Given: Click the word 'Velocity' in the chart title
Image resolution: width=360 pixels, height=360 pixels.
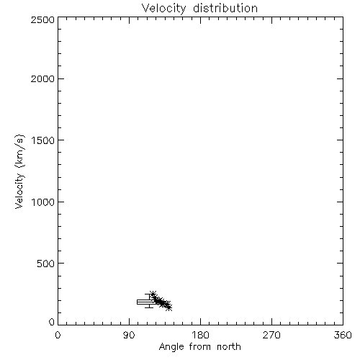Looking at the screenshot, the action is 163,8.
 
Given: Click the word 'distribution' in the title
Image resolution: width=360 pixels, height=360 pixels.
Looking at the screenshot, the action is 225,8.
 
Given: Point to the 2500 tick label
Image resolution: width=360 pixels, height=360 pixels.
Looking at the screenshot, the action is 42,19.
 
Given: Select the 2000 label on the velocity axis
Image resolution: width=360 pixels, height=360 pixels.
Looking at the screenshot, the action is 42,78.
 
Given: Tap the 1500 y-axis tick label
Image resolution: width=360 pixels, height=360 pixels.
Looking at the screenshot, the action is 43,140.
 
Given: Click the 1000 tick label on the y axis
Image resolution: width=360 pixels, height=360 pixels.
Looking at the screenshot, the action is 43,202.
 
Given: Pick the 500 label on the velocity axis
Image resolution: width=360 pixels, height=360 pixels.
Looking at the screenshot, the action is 46,264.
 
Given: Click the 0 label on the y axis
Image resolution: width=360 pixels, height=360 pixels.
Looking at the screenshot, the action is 52,322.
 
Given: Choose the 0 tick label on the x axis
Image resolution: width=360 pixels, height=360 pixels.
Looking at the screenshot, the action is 58,335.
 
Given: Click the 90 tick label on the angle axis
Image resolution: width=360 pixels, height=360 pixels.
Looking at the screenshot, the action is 129,335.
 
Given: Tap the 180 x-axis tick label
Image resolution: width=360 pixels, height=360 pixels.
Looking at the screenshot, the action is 200,335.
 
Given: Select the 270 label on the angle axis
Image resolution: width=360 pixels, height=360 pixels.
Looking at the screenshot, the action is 271,335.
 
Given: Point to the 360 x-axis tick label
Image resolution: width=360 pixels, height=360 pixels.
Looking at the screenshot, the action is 343,335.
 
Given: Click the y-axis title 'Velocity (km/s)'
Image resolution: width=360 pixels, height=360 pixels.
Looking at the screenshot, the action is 19,171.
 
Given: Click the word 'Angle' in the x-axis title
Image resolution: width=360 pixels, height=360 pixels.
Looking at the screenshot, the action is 171,348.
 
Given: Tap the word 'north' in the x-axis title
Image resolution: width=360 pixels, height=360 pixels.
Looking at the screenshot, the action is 229,347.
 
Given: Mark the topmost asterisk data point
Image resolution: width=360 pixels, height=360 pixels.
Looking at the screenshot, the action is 153,294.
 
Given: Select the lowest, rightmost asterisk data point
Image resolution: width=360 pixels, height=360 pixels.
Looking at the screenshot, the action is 169,307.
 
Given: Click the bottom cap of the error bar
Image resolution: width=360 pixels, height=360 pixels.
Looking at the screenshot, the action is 149,307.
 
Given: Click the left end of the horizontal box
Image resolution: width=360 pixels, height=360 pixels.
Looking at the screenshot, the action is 138,302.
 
